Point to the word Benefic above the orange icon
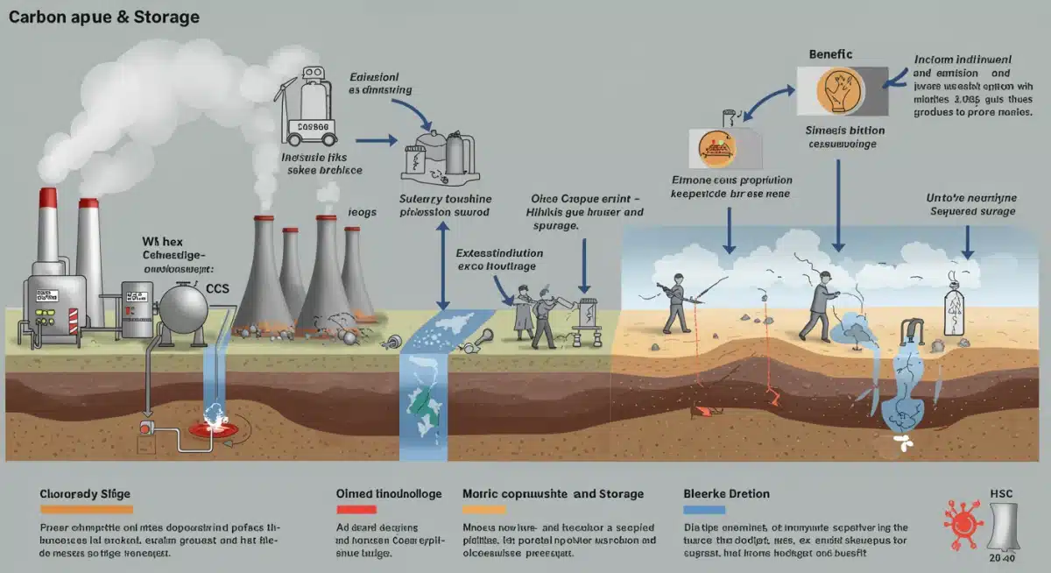[x=829, y=54]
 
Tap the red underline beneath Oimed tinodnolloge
[x=357, y=509]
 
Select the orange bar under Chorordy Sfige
[x=86, y=509]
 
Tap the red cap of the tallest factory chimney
[x=48, y=200]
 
